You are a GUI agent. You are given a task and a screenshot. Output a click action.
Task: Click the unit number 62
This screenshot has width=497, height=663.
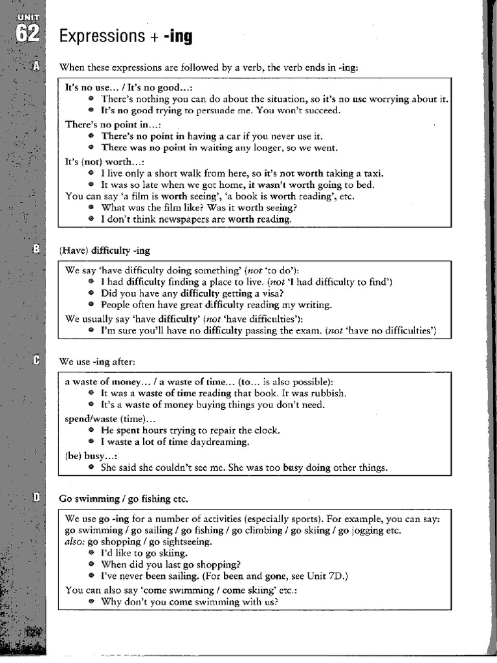(x=28, y=34)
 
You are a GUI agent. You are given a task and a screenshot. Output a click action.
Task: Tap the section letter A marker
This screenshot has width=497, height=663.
(x=36, y=66)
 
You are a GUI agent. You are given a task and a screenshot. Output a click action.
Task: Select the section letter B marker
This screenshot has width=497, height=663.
(x=36, y=249)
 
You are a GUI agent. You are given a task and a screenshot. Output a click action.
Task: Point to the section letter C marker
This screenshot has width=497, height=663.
(x=36, y=361)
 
